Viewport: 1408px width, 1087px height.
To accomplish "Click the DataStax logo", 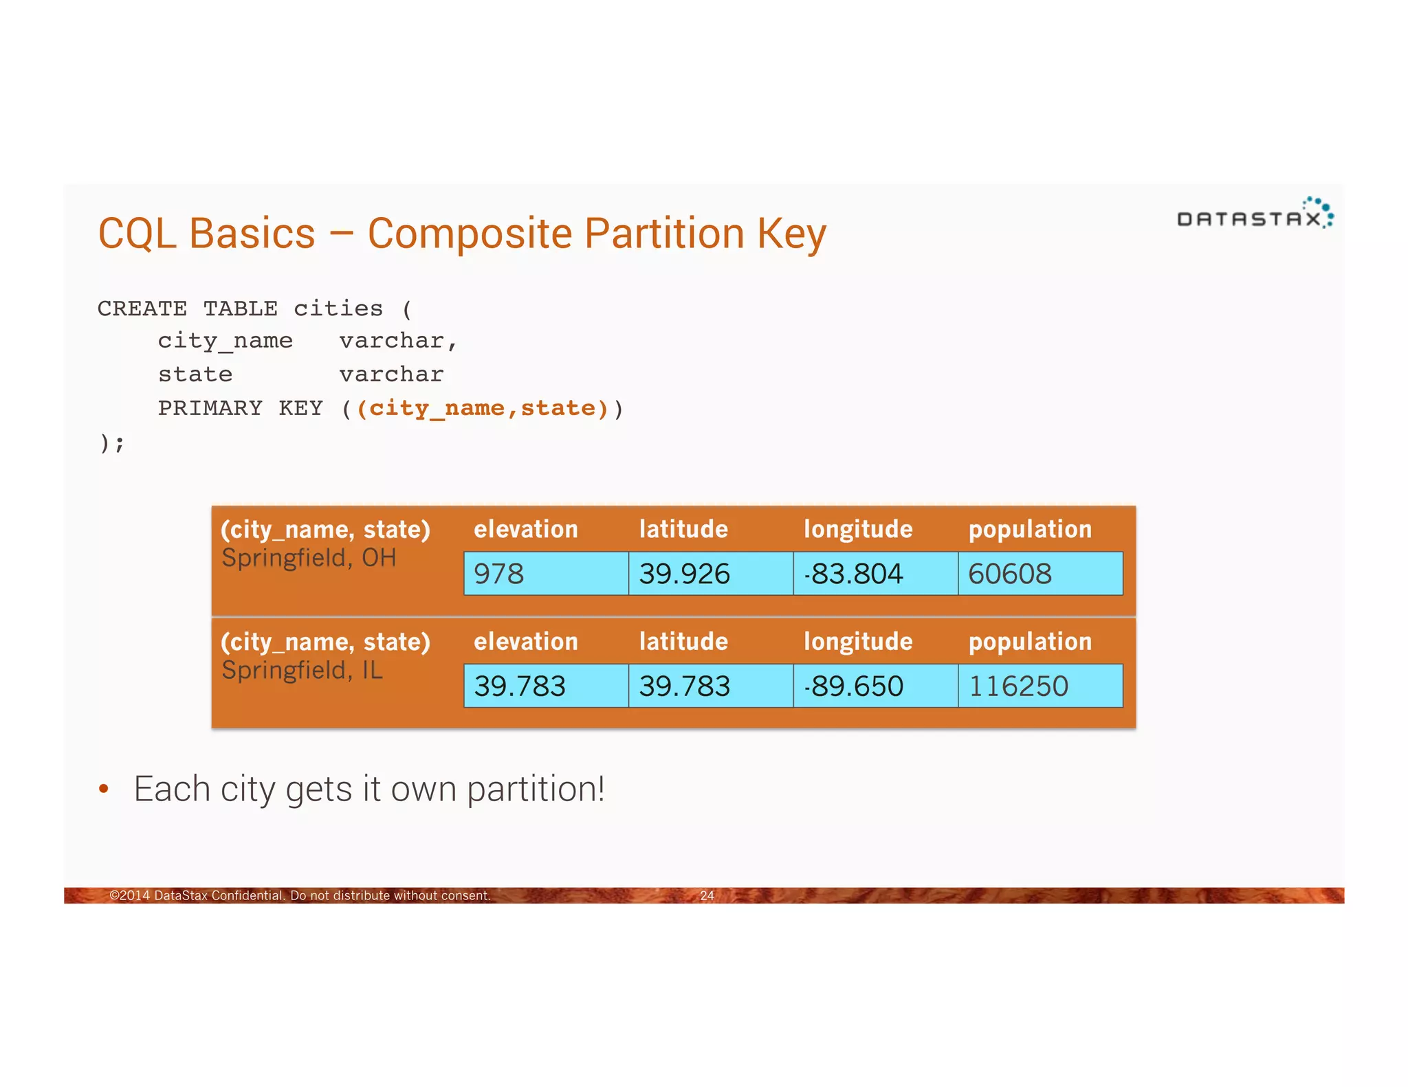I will [x=1255, y=214].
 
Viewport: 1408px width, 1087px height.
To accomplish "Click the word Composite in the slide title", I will [x=469, y=234].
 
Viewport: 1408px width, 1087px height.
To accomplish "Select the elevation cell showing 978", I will [x=546, y=574].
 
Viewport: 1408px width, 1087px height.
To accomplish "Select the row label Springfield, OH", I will [x=309, y=558].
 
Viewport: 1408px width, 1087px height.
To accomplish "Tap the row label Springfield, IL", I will [x=302, y=670].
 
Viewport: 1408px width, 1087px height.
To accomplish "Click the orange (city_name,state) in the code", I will [x=482, y=408].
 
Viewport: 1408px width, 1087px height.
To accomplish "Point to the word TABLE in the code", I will [x=240, y=309].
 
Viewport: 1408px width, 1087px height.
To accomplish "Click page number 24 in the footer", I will [x=707, y=895].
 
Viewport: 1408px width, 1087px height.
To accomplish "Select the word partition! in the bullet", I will [x=536, y=789].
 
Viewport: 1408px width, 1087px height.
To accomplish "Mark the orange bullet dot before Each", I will [x=104, y=789].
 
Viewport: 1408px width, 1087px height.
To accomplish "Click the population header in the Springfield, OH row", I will [x=1030, y=529].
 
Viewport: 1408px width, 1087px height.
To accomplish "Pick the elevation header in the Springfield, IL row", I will [x=526, y=641].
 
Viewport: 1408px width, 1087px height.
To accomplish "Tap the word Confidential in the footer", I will [x=247, y=895].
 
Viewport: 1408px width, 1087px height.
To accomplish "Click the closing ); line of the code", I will [x=112, y=443].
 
